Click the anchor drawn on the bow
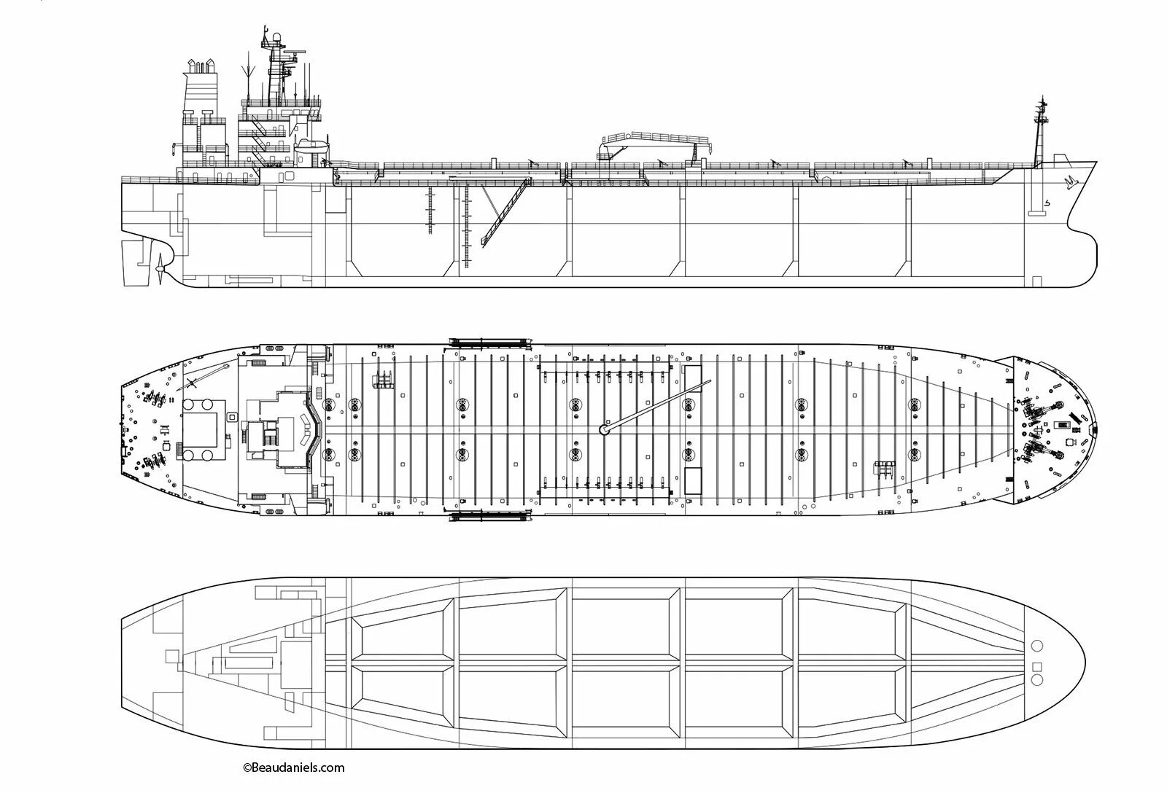pos(1071,181)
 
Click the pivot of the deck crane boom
pos(603,429)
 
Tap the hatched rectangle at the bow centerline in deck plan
pos(1066,423)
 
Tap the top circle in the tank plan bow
pos(1036,646)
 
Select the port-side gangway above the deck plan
pos(489,341)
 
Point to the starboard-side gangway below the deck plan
pos(489,517)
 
